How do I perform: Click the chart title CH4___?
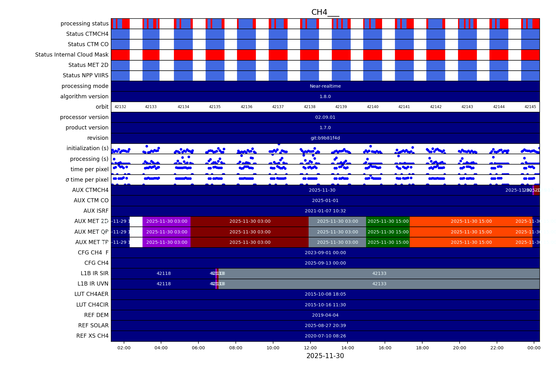[325, 12]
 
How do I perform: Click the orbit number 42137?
[278, 107]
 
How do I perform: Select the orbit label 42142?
[436, 107]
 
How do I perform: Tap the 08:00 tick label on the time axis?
[235, 348]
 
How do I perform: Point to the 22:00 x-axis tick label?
[497, 348]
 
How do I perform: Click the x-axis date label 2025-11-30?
[325, 356]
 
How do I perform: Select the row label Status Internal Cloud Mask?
[72, 55]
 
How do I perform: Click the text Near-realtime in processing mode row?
[325, 86]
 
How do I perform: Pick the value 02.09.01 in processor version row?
[325, 117]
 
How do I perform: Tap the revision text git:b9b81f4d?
[325, 138]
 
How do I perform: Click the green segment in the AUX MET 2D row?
[388, 221]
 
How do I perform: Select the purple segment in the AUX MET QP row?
[166, 232]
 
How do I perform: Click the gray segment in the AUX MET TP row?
[337, 242]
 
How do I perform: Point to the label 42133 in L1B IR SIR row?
[379, 273]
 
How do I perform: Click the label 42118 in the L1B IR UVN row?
[164, 284]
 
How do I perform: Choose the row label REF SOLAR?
[93, 325]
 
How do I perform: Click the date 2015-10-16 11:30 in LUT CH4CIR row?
[325, 305]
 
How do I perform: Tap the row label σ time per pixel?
[87, 180]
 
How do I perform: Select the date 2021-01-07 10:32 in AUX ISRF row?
[325, 211]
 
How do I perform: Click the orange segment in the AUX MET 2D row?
[471, 221]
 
